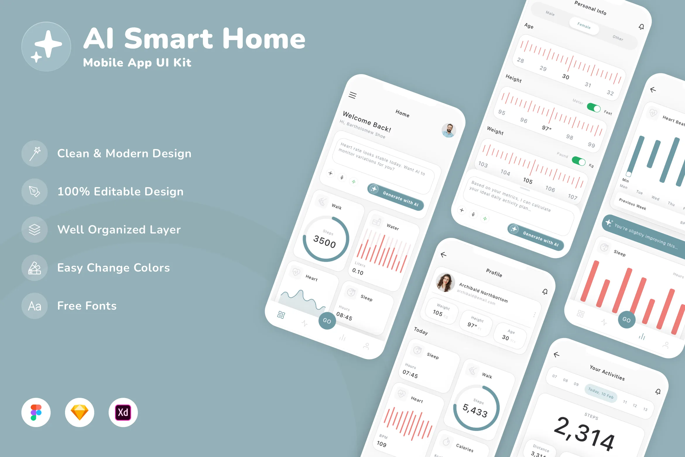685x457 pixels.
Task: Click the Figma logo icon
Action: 36,412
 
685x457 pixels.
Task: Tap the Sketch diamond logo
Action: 80,412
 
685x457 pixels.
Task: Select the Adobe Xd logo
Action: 123,412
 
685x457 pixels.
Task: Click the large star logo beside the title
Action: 46,46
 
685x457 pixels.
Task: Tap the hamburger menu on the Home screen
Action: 352,95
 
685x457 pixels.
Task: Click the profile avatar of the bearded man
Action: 448,130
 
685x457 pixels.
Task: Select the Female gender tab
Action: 584,26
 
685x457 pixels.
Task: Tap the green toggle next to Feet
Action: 594,108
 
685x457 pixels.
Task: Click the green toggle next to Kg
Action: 578,161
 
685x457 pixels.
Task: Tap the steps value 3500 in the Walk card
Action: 325,242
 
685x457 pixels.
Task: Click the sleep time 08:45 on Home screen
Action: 344,316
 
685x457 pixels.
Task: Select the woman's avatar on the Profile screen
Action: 445,283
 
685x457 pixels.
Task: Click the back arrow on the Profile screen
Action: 443,255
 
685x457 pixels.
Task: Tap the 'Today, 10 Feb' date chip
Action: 601,393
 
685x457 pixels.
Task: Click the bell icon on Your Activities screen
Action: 658,392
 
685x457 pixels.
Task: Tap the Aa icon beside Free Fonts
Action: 35,306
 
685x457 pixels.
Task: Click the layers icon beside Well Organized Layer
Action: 35,230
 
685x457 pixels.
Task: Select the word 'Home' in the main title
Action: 264,39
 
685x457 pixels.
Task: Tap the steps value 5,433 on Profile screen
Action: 475,410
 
